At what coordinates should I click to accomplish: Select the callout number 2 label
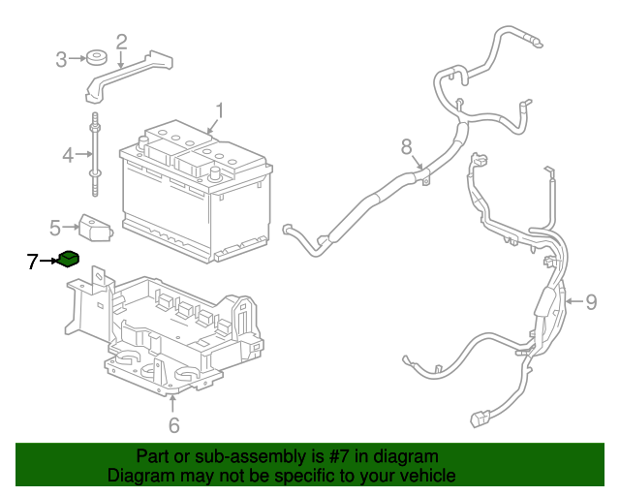click(x=121, y=42)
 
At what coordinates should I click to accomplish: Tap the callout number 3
click(x=61, y=60)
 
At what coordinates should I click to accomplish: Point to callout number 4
click(x=68, y=155)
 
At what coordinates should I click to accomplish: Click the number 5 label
click(x=55, y=228)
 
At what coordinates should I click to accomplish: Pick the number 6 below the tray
click(x=173, y=424)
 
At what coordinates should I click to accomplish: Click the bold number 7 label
click(x=32, y=261)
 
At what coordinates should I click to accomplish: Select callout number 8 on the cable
click(x=407, y=146)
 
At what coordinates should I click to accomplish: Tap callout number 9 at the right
click(x=591, y=302)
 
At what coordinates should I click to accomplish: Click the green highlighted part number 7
click(x=68, y=259)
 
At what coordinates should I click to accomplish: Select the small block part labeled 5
click(x=94, y=229)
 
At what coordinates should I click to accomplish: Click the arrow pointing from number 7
click(x=48, y=261)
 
